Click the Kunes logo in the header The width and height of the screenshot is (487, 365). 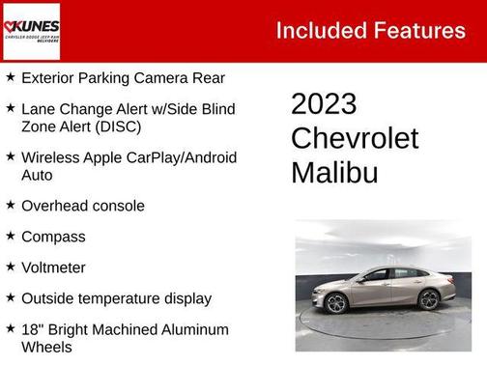pyautogui.click(x=31, y=30)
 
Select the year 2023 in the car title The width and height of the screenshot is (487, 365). pyautogui.click(x=325, y=104)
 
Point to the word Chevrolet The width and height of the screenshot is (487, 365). pyautogui.click(x=355, y=138)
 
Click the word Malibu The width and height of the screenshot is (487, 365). pyautogui.click(x=334, y=172)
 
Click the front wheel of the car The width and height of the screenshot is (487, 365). pyautogui.click(x=337, y=303)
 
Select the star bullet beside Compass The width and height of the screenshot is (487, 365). pyautogui.click(x=10, y=237)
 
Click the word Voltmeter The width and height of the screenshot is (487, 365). pyautogui.click(x=53, y=267)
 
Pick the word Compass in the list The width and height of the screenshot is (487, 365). pyautogui.click(x=53, y=237)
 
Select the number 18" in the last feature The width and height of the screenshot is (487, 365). pyautogui.click(x=32, y=329)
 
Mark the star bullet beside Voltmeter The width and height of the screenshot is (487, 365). pyautogui.click(x=10, y=267)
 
